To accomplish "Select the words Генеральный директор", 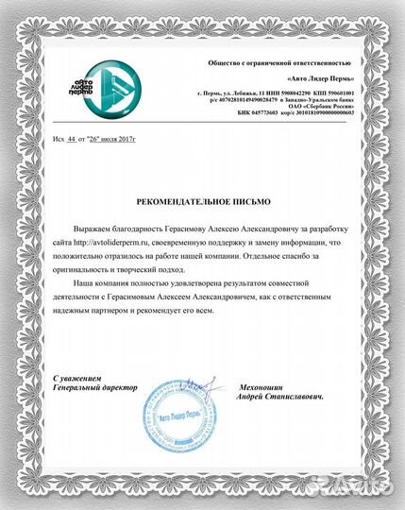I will click(x=95, y=387).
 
